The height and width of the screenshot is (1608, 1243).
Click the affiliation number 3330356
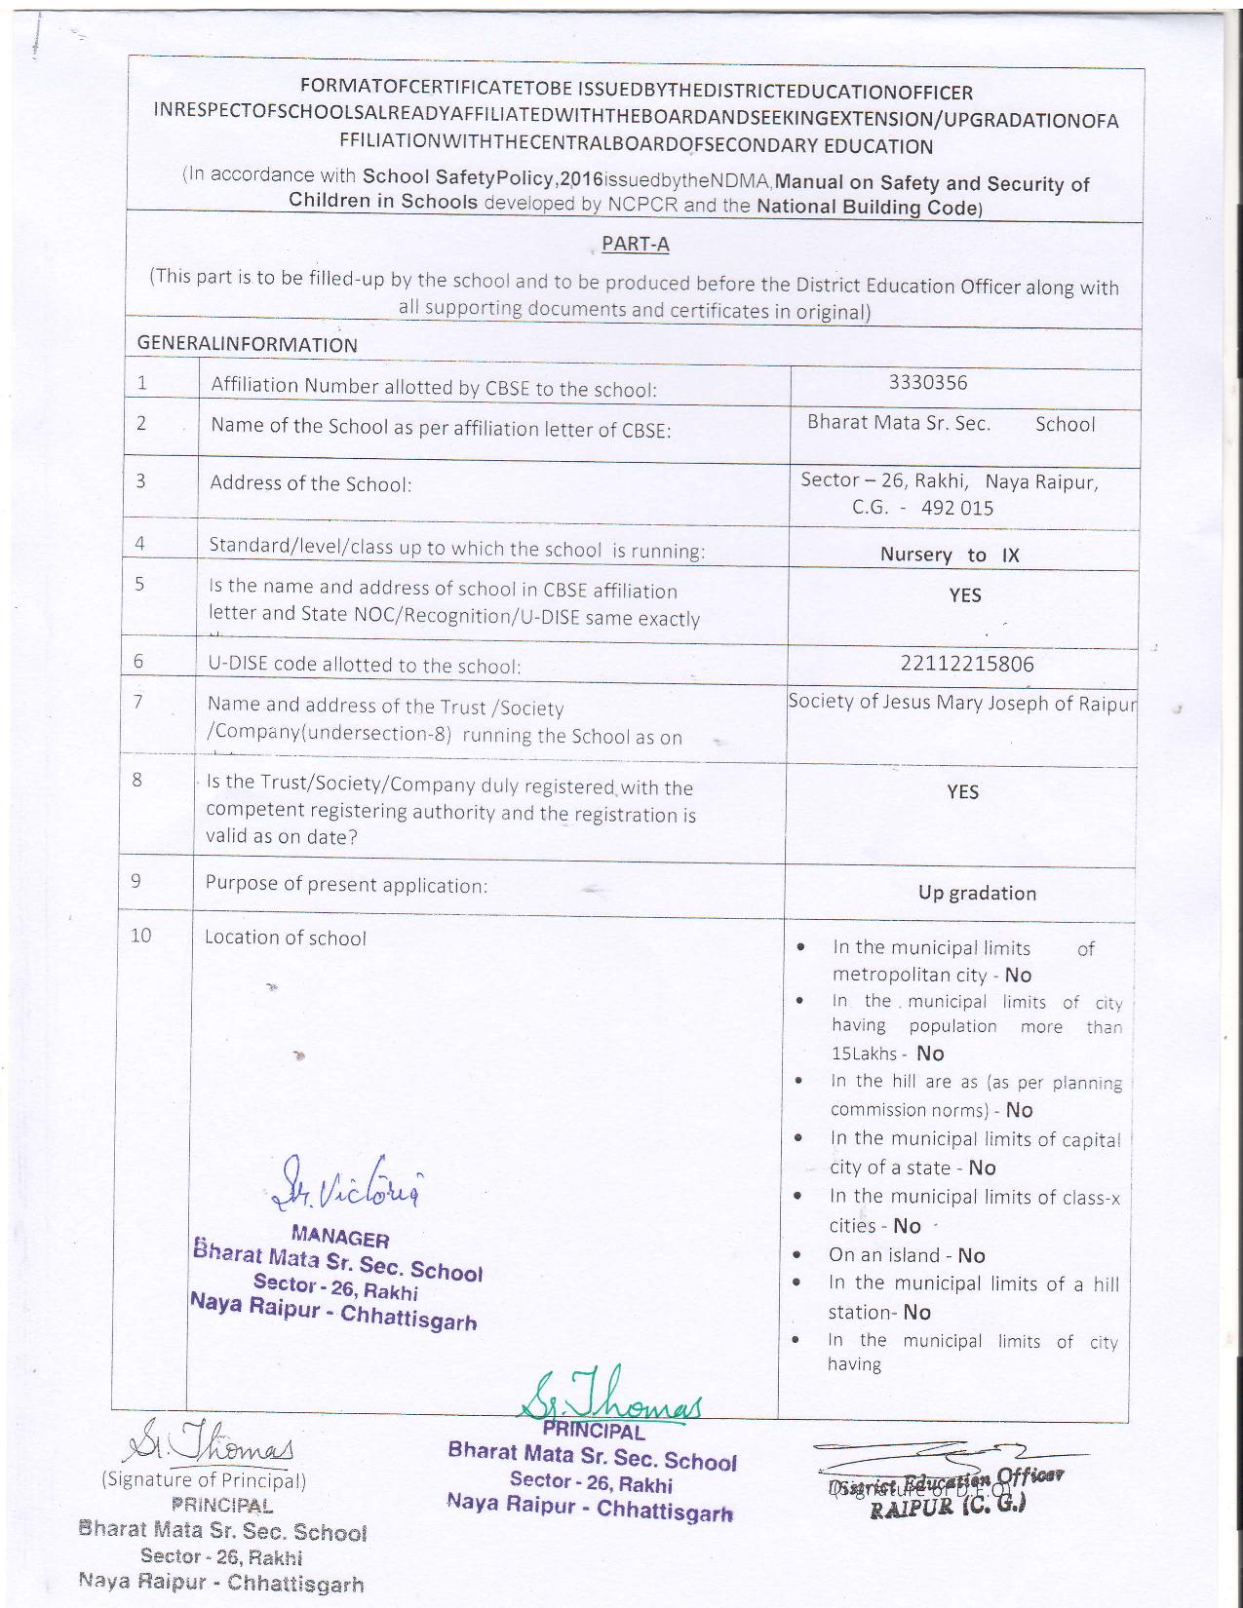[928, 382]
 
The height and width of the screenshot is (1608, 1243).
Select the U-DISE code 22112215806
[967, 665]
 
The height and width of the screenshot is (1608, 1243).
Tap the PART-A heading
[636, 245]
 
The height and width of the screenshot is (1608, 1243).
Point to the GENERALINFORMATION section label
[248, 344]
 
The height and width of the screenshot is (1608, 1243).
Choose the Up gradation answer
[977, 893]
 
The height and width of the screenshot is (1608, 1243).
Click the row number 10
[141, 936]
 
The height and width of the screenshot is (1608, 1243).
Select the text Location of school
[286, 938]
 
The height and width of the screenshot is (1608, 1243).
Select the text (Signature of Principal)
[204, 1480]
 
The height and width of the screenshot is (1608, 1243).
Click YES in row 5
[965, 595]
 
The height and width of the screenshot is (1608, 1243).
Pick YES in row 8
[962, 791]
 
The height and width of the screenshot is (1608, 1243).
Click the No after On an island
[972, 1255]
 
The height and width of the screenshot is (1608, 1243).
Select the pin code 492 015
[957, 508]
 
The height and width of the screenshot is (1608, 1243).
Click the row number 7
[138, 701]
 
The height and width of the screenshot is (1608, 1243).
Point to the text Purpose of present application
[346, 885]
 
